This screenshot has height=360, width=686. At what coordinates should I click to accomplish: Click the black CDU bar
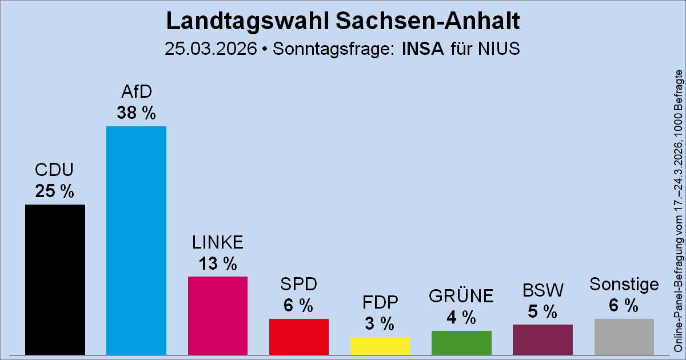click(55, 279)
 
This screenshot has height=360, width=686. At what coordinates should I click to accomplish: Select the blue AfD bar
click(136, 240)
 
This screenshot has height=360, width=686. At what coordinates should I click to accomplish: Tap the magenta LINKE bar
click(217, 315)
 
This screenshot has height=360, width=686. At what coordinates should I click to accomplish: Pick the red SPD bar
click(298, 336)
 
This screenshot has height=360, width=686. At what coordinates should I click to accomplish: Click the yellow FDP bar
click(380, 345)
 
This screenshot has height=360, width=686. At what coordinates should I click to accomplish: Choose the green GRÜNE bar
click(461, 342)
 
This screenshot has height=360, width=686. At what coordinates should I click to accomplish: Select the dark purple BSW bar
click(543, 339)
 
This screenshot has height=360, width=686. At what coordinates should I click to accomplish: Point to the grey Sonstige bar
click(624, 336)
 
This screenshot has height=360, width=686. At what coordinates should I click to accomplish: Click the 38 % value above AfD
click(136, 113)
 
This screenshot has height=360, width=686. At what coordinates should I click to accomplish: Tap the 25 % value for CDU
click(55, 191)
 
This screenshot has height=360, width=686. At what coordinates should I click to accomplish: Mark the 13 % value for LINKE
click(217, 263)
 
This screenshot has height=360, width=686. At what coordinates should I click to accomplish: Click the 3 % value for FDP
click(380, 324)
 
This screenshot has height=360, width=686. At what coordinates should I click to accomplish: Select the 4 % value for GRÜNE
click(461, 318)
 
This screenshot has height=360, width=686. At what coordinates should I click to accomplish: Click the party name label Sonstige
click(624, 284)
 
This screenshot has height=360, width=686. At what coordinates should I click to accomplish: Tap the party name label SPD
click(298, 284)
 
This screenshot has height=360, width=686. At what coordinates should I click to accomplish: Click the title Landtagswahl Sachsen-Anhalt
click(342, 21)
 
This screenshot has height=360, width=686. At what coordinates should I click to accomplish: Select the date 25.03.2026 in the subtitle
click(210, 49)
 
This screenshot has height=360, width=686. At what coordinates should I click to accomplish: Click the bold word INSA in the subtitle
click(423, 49)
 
